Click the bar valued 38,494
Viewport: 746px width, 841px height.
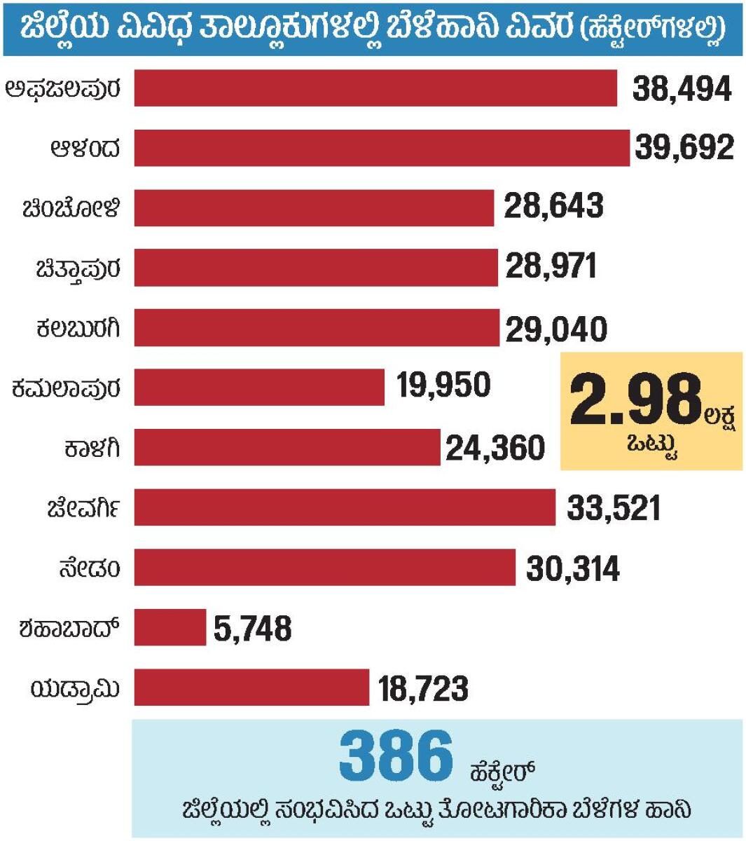(375, 88)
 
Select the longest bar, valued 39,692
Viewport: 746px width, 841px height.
(382, 148)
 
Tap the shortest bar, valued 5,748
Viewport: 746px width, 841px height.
(170, 627)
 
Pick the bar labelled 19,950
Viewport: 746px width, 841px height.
(259, 387)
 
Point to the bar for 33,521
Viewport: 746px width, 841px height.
(345, 507)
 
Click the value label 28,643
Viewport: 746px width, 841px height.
(553, 207)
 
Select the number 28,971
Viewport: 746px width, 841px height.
(551, 266)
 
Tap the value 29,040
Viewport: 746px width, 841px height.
(556, 328)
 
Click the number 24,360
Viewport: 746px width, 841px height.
(495, 448)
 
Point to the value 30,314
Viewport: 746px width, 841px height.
(573, 568)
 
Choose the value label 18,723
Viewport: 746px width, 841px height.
(423, 688)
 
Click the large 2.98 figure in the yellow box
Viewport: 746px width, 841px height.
(635, 401)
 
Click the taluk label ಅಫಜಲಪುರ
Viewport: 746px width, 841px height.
(63, 89)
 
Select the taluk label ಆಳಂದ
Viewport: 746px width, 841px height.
(85, 149)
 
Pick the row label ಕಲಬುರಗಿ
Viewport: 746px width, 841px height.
(78, 327)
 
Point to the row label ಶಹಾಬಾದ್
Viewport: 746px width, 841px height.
(69, 628)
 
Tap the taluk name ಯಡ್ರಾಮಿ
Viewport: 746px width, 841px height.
(75, 689)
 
